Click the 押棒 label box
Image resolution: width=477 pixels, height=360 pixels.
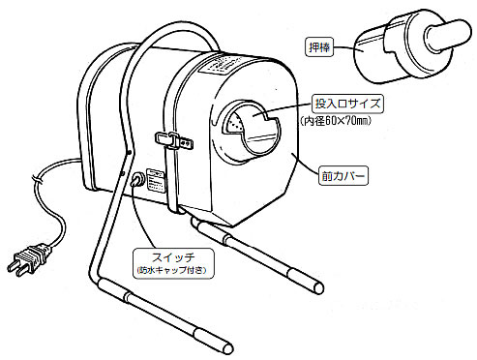pos(319,47)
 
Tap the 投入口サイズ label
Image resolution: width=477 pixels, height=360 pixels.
pos(347,104)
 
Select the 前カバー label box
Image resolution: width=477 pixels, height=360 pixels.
pos(343,176)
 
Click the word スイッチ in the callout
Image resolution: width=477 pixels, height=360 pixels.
pos(173,257)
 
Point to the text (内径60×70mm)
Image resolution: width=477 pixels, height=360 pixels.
pos(336,121)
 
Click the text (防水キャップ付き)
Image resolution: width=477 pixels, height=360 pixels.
pos(173,270)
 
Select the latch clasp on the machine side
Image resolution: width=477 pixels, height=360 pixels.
pos(174,140)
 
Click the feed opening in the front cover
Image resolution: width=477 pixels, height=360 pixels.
pos(251,130)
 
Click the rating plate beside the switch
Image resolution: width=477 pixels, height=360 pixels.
pos(156,181)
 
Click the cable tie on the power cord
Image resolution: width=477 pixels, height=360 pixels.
pos(37,179)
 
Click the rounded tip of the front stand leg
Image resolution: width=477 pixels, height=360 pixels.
pos(227,348)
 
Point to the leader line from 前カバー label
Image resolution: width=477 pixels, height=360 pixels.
pos(306,165)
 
